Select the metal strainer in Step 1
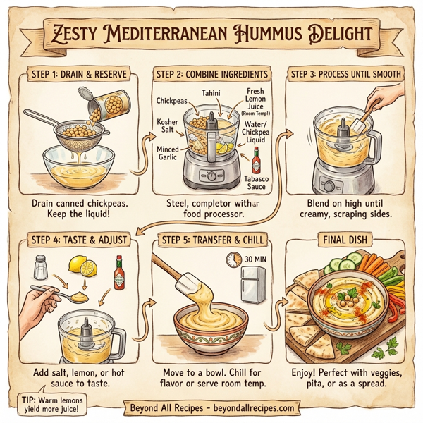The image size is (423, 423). (75, 133)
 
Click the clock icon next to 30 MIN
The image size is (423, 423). (233, 260)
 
